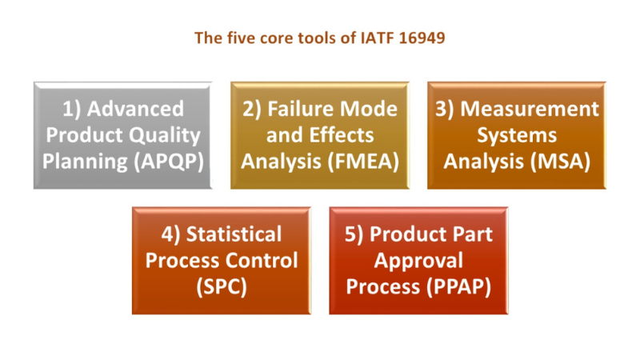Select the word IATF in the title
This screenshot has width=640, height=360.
pyautogui.click(x=379, y=38)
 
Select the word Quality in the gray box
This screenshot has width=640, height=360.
pyautogui.click(x=166, y=135)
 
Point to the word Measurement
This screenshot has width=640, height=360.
pyautogui.click(x=528, y=109)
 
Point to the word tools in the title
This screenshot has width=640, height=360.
pyautogui.click(x=307, y=38)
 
